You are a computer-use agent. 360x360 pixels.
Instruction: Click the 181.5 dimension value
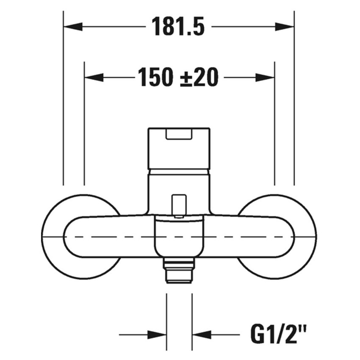(x=178, y=27)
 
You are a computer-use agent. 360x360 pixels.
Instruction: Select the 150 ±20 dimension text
(x=178, y=78)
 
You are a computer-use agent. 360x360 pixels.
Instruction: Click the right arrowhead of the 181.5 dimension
(x=285, y=27)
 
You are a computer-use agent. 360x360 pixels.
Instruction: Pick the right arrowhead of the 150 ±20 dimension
(x=265, y=78)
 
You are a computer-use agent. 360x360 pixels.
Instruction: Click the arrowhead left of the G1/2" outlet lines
(x=157, y=335)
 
